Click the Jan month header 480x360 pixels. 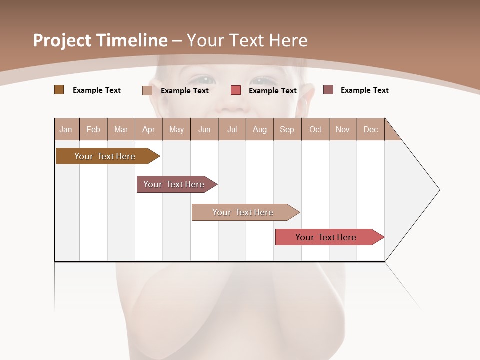click(x=66, y=129)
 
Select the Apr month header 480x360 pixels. click(x=149, y=129)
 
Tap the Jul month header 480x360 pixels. click(x=232, y=129)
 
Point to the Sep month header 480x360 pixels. click(x=287, y=129)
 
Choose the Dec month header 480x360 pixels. click(x=370, y=129)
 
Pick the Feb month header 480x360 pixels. click(x=93, y=129)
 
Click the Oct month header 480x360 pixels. click(x=315, y=129)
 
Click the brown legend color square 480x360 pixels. click(x=59, y=90)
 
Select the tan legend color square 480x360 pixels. click(x=147, y=90)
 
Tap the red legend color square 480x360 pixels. click(x=236, y=90)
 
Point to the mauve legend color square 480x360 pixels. click(x=328, y=90)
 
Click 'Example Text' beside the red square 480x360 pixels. click(x=273, y=91)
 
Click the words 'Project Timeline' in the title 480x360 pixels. click(x=100, y=40)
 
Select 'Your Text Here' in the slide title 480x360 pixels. click(x=247, y=40)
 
